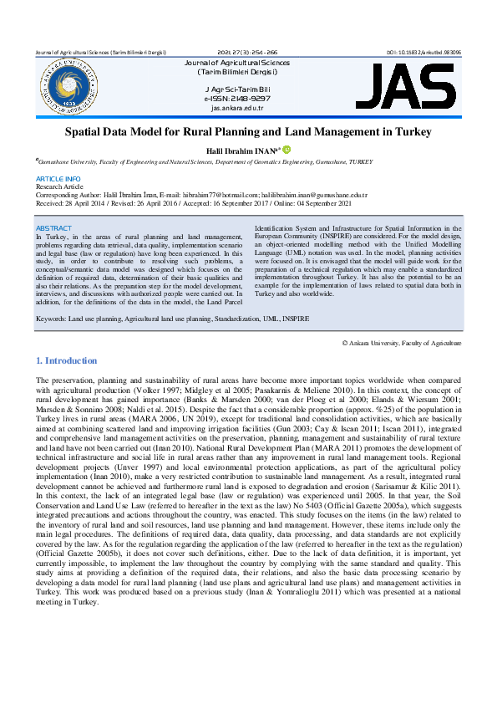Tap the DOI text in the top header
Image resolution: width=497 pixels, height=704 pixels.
pos(423,52)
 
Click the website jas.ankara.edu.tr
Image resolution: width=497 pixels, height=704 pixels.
pos(237,108)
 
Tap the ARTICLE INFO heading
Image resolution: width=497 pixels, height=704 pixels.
pos(58,179)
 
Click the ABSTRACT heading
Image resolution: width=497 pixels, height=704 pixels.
pos(53,227)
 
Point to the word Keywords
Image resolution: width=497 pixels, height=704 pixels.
pos(53,319)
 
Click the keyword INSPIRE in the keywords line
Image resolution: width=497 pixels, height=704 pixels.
pos(295,319)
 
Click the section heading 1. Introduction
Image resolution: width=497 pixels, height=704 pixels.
pos(67,360)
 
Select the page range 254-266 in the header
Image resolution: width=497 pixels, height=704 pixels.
pos(264,52)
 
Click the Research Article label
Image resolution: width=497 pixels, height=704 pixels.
pos(61,186)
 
